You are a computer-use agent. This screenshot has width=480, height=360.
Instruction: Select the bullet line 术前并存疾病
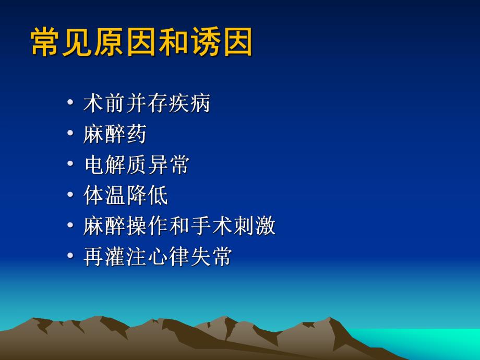(147, 103)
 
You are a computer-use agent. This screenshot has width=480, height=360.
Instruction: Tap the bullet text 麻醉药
(115, 134)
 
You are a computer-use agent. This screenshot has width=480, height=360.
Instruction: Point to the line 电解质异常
(136, 165)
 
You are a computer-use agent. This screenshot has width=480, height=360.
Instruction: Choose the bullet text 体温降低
(126, 196)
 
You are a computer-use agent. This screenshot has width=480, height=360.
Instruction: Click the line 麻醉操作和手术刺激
(179, 226)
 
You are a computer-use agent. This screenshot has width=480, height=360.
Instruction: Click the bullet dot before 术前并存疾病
(70, 103)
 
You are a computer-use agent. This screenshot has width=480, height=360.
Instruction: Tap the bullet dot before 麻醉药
(70, 134)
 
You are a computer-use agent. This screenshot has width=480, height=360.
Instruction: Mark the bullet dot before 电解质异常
(70, 165)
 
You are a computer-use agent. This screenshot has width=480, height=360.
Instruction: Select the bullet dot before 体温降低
(70, 196)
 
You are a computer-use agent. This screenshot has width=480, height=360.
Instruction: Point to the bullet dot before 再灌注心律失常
(70, 257)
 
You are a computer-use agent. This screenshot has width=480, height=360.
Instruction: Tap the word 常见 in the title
(62, 42)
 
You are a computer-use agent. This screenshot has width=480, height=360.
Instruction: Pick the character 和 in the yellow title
(173, 42)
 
